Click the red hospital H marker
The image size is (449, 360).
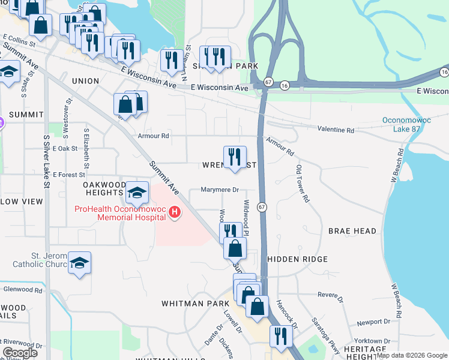coord(175,212)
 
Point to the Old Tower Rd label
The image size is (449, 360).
coord(302,183)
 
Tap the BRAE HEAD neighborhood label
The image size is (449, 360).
coord(352,231)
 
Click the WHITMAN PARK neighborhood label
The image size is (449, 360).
coord(191,304)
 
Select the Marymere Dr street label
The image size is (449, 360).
coord(219,190)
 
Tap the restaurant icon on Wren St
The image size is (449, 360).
coord(234,157)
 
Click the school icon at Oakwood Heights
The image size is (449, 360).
coord(137,193)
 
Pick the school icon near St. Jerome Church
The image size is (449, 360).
coord(79,263)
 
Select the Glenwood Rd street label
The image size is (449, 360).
coord(22,289)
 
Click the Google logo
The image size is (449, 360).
coord(20,353)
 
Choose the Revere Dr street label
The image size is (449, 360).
coord(329,295)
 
